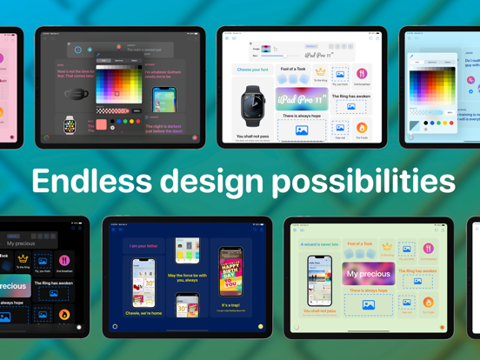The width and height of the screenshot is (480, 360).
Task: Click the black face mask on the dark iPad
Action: click(77, 93)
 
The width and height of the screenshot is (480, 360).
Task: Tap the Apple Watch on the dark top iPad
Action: click(70, 125)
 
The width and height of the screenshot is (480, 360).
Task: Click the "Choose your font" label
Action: click(252, 70)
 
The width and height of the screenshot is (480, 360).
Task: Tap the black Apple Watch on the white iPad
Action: click(253, 106)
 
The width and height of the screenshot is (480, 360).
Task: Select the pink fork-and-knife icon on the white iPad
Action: click(362, 74)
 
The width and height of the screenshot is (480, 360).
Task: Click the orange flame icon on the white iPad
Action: click(362, 128)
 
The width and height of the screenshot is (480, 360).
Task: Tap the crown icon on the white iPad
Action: click(320, 73)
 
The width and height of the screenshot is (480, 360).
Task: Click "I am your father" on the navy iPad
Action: click(143, 246)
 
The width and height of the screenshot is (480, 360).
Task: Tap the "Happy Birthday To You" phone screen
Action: click(230, 271)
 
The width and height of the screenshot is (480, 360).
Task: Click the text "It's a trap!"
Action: click(230, 305)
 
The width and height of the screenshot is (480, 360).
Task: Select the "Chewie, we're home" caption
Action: click(143, 314)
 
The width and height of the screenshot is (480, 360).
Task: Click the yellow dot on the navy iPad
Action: click(260, 326)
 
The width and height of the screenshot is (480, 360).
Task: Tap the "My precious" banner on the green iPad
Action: click(368, 273)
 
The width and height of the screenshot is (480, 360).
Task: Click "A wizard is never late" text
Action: click(320, 245)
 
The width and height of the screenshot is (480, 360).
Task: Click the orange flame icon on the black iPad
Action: click(64, 314)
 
